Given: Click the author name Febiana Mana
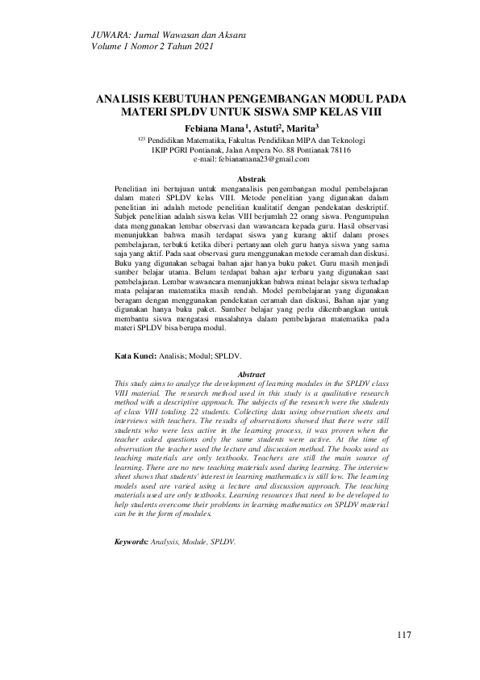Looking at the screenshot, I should tap(216, 128).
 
